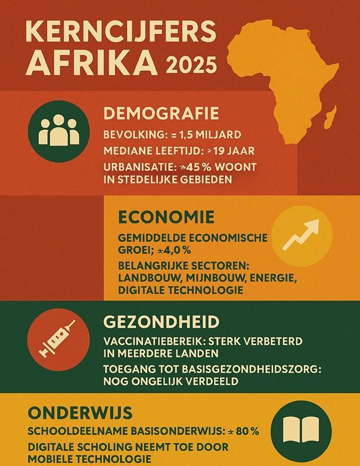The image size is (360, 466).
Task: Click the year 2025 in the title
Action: coord(191,64)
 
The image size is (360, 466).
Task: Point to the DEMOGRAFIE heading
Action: coord(161,114)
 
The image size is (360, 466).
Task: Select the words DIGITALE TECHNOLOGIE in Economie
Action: coord(181,290)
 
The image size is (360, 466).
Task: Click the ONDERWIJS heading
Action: coord(80,414)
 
